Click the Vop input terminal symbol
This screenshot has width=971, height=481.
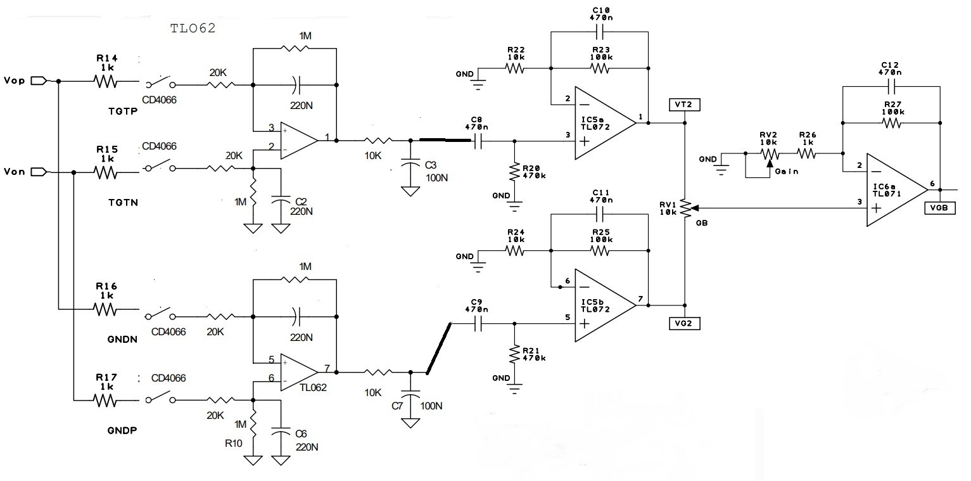39,80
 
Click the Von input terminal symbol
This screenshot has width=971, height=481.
39,172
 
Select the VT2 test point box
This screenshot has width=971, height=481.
685,105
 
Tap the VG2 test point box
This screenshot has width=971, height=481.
685,324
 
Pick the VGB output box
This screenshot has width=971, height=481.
940,208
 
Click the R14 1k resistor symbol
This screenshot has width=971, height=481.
105,81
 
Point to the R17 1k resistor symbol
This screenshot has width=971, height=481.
105,401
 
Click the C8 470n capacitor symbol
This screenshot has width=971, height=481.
478,141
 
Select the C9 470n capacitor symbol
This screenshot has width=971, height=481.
478,324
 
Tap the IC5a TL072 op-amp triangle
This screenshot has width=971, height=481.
605,123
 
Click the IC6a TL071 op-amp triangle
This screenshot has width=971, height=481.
897,190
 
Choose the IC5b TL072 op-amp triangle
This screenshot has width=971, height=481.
605,305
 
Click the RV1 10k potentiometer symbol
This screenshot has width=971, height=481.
687,208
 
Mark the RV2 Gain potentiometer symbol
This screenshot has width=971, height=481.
770,155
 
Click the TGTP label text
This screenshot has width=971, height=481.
123,112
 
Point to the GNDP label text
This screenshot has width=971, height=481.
122,431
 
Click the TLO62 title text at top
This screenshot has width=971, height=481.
193,28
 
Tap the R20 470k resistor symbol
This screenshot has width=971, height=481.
514,172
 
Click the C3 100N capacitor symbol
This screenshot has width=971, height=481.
410,164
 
